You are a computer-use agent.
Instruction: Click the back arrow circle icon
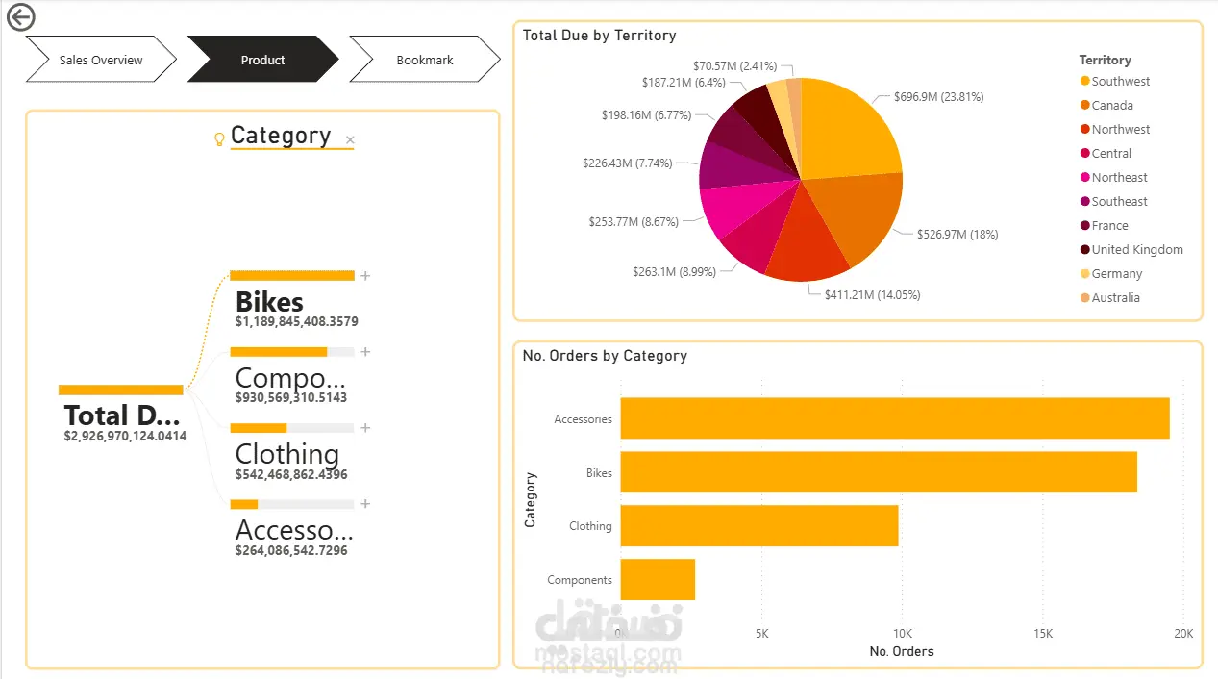(x=20, y=17)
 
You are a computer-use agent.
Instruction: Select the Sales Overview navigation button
(x=101, y=60)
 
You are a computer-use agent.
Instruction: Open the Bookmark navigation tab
(x=425, y=60)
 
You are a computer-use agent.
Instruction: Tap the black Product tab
(x=262, y=60)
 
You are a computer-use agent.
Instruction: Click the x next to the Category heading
(x=350, y=139)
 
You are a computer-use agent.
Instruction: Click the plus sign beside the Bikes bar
(x=365, y=276)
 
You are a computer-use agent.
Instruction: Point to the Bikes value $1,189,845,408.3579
(x=296, y=321)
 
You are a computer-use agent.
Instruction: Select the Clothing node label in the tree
(x=287, y=453)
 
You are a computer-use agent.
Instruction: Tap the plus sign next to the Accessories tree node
(x=365, y=504)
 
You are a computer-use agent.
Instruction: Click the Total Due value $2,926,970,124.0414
(x=125, y=436)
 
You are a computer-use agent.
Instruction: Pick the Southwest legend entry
(x=1115, y=81)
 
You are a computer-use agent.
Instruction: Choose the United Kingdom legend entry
(x=1131, y=249)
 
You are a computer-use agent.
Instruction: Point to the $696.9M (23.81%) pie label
(x=939, y=97)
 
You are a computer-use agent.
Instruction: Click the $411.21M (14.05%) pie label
(x=872, y=295)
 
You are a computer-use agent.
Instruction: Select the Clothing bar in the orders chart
(x=759, y=525)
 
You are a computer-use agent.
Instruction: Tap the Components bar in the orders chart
(x=658, y=579)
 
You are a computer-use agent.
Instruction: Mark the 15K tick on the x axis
(x=1043, y=633)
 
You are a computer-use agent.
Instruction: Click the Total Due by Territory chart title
(x=599, y=36)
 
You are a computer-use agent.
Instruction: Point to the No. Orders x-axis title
(x=902, y=651)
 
